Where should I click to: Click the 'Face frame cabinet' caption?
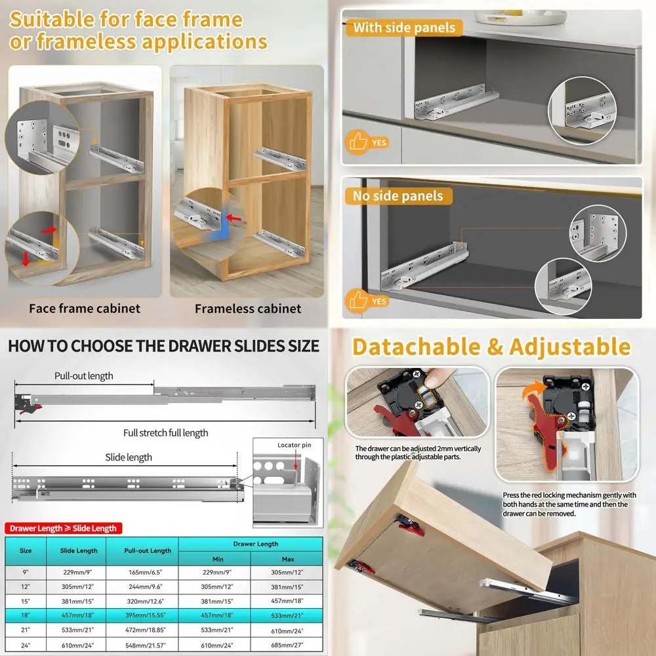[x=85, y=308]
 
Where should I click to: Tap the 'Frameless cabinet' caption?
[x=248, y=309]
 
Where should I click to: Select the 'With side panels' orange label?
[x=404, y=28]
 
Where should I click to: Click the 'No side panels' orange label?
[x=398, y=195]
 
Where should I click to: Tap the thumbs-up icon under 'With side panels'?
[x=358, y=142]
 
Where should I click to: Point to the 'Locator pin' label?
[x=294, y=445]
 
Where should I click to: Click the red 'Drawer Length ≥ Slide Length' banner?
[x=63, y=528]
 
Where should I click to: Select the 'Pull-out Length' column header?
[x=148, y=550]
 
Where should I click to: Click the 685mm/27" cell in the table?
[x=287, y=645]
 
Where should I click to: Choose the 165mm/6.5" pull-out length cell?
[x=145, y=572]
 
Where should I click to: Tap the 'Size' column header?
[x=26, y=550]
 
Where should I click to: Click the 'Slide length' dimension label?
[x=129, y=457]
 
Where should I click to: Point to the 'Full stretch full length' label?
[x=166, y=432]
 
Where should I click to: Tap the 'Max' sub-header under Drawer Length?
[x=288, y=559]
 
